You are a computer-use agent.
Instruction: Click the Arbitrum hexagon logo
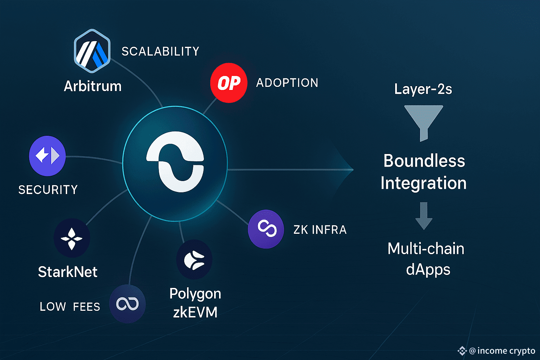(x=92, y=51)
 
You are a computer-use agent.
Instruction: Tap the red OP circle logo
(x=229, y=83)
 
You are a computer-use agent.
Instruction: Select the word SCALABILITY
(x=160, y=52)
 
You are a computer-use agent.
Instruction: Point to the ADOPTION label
(x=287, y=83)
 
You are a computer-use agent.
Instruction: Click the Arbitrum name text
(x=93, y=86)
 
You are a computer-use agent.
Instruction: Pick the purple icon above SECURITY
(x=47, y=156)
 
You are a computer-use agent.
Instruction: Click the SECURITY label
(x=48, y=190)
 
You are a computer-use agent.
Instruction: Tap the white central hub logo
(x=175, y=162)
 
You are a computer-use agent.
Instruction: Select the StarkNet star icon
(x=72, y=238)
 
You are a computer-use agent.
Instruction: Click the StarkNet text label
(x=67, y=272)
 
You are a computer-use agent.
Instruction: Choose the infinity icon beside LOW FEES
(x=127, y=304)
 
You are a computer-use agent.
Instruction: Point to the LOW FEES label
(x=70, y=307)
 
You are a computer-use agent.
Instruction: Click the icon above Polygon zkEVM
(x=194, y=259)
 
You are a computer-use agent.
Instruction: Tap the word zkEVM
(x=195, y=312)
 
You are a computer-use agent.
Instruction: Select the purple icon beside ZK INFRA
(x=266, y=229)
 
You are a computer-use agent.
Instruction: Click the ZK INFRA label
(x=320, y=230)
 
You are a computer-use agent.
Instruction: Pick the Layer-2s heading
(x=423, y=89)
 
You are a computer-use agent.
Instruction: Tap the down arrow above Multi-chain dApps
(x=424, y=216)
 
